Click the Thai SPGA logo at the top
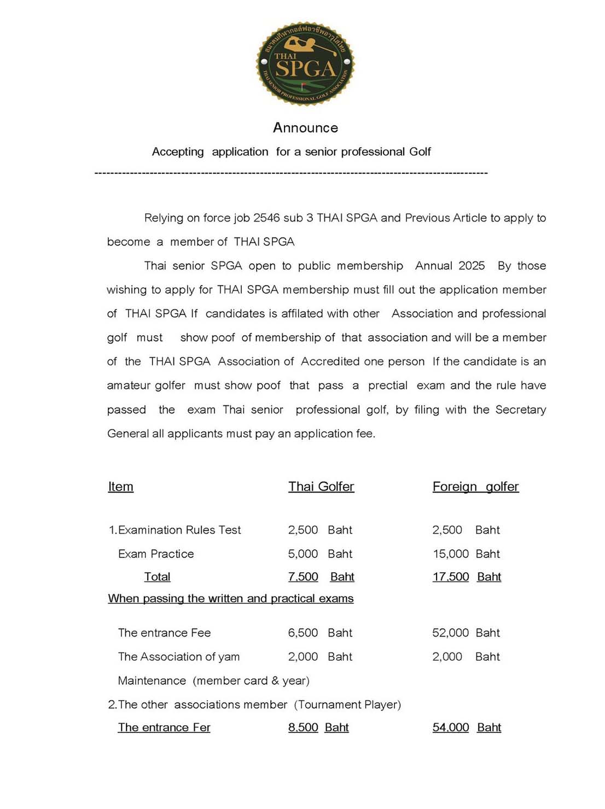305,64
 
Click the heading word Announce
305,128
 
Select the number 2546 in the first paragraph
266,218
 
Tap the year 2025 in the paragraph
472,266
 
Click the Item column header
120,487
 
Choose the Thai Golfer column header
321,487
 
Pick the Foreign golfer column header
475,487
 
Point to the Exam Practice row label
156,554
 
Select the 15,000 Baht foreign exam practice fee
466,554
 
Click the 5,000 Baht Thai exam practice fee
320,554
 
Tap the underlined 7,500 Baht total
321,577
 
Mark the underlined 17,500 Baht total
467,577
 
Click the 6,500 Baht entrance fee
320,633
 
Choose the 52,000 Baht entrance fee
466,633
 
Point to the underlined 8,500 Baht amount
318,727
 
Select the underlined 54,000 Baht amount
467,727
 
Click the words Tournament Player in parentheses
347,705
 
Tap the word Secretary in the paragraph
520,410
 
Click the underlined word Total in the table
157,577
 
